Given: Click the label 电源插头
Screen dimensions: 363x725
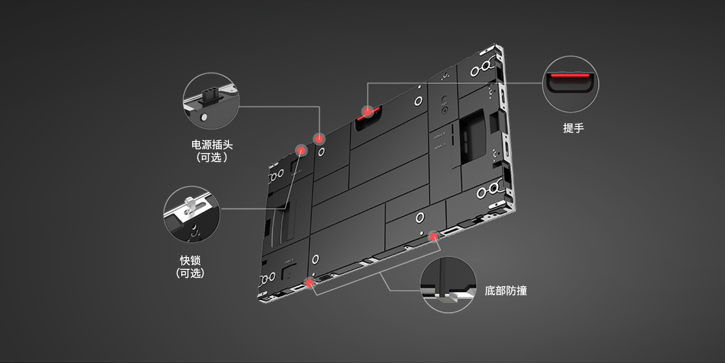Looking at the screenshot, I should [x=211, y=145].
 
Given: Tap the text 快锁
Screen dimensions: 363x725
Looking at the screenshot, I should [x=190, y=260].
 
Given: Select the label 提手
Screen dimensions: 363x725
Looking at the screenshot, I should [x=573, y=128].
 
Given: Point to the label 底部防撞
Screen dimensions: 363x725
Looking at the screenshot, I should [x=506, y=291].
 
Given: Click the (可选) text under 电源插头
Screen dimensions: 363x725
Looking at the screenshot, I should [x=211, y=158].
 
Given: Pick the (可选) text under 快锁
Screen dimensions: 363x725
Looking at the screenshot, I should [x=190, y=273].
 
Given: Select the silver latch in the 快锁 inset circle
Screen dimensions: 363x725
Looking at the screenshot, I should [x=191, y=206].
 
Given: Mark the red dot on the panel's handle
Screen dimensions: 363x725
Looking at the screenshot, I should [x=367, y=111].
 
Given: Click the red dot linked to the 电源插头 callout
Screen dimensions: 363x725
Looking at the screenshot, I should [x=319, y=138].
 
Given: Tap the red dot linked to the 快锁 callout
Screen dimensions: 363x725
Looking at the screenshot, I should [x=301, y=149].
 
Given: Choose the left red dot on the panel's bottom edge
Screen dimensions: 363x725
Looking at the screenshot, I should [x=311, y=281].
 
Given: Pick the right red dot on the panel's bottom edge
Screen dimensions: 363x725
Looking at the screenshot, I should [x=434, y=235].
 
